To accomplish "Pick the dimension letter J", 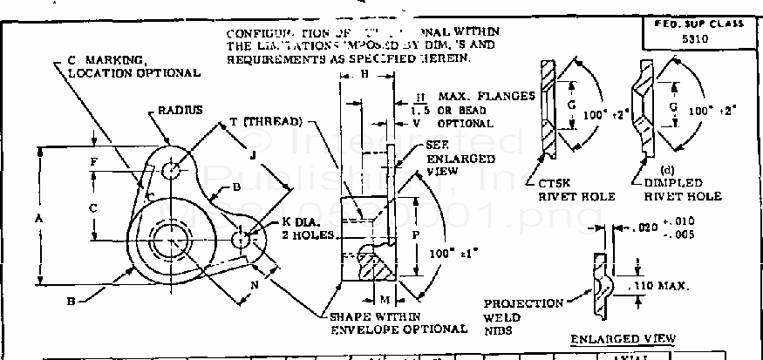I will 251,157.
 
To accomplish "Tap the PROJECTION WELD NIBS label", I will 524,317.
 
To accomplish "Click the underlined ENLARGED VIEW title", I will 623,338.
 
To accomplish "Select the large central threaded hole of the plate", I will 167,238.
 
